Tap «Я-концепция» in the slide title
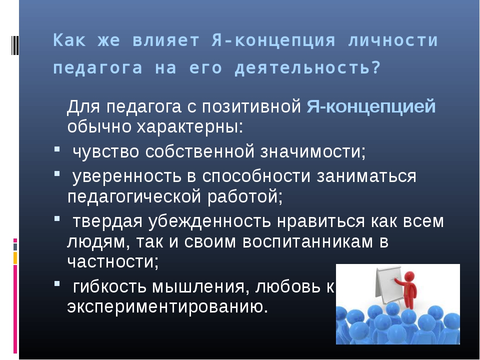(273, 40)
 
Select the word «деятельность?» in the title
(307, 68)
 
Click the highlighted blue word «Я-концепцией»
(371, 106)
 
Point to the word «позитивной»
(251, 106)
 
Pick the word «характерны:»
(190, 126)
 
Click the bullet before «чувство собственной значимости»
(57, 149)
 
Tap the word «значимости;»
(313, 151)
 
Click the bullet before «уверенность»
(57, 173)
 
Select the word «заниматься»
(366, 176)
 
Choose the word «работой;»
(245, 196)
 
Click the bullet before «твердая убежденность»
(57, 218)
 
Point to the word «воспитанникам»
(308, 241)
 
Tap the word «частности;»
(113, 261)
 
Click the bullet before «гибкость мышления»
(57, 284)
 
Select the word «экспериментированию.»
(167, 307)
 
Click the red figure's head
(409, 277)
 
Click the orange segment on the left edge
(15, 258)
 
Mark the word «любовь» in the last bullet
(288, 287)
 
